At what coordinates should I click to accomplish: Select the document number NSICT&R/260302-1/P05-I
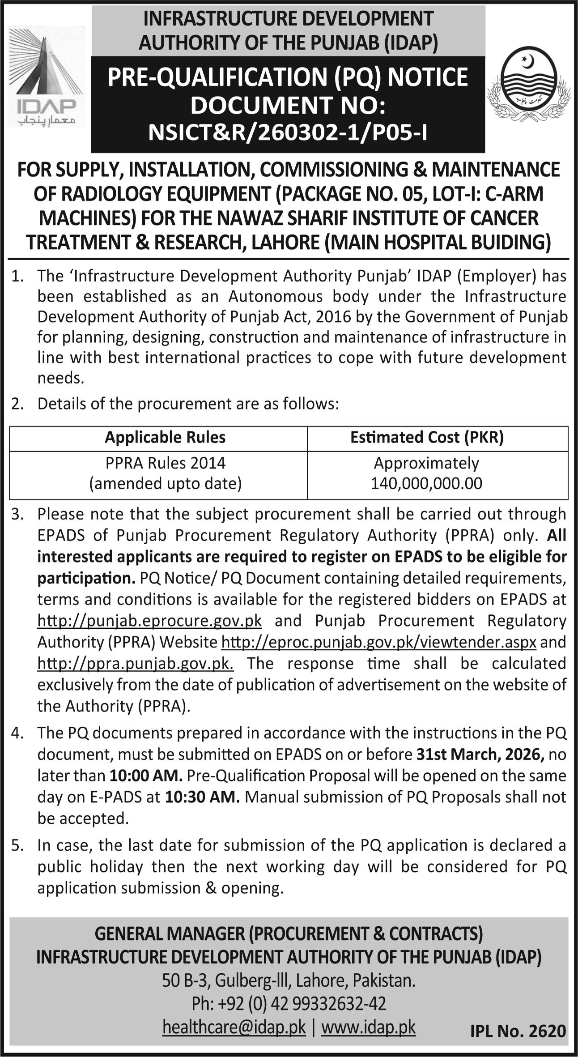288,132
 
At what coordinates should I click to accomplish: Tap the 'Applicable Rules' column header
165,437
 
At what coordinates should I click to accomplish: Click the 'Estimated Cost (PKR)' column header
427,437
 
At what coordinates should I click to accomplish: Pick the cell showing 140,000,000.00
426,483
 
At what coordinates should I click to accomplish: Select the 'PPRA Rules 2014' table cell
165,463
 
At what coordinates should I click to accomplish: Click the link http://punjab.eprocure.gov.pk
149,621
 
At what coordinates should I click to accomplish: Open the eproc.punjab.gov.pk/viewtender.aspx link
378,643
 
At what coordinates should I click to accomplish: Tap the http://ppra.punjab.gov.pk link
135,664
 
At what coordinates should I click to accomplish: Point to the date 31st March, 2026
480,754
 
